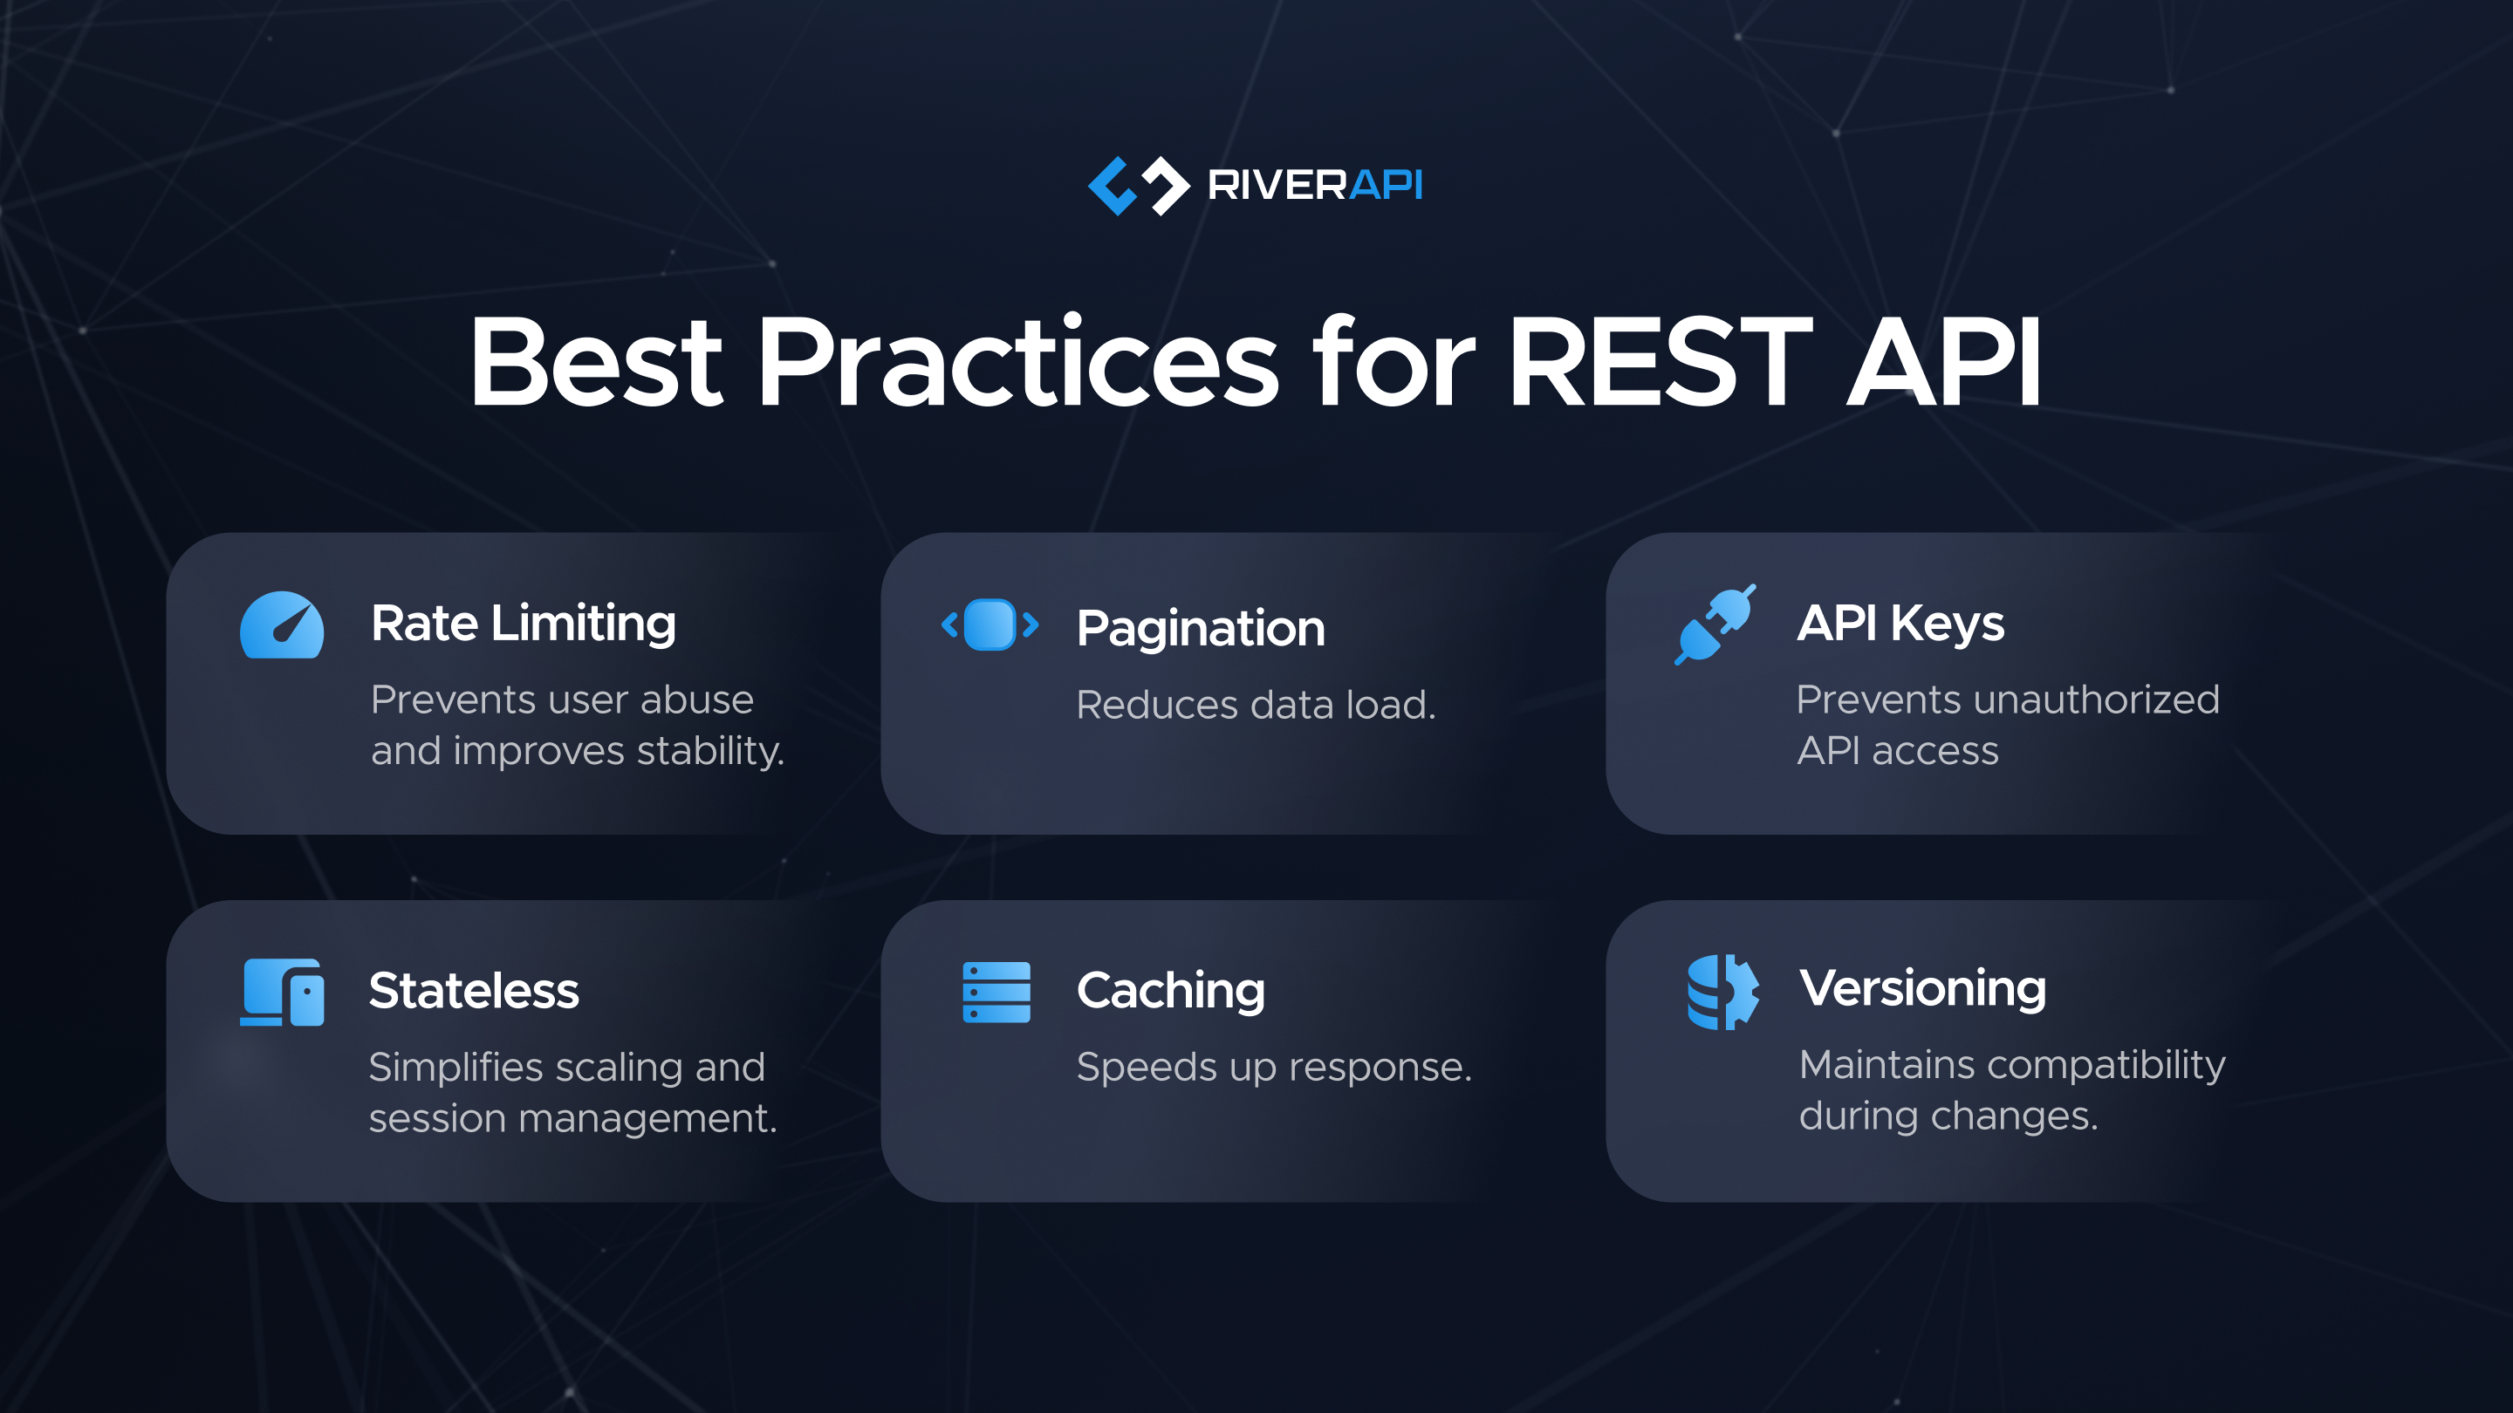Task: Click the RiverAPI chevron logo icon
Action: [1139, 185]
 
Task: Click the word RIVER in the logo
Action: [1277, 185]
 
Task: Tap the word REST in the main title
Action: [1660, 363]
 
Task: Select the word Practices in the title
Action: [1017, 363]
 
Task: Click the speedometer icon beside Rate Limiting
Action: [282, 626]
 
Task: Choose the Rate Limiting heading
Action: [523, 625]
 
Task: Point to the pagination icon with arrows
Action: [989, 625]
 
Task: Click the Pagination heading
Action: [1201, 629]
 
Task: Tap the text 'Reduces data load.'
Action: [1256, 705]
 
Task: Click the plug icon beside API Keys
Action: [1715, 625]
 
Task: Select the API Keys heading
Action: [1900, 625]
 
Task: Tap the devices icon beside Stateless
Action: [282, 992]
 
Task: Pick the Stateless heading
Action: [474, 992]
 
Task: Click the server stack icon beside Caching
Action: [996, 992]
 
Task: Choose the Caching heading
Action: [1171, 992]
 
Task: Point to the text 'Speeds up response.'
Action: [1274, 1068]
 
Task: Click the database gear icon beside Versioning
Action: [1722, 992]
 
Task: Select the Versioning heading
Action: [1921, 989]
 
